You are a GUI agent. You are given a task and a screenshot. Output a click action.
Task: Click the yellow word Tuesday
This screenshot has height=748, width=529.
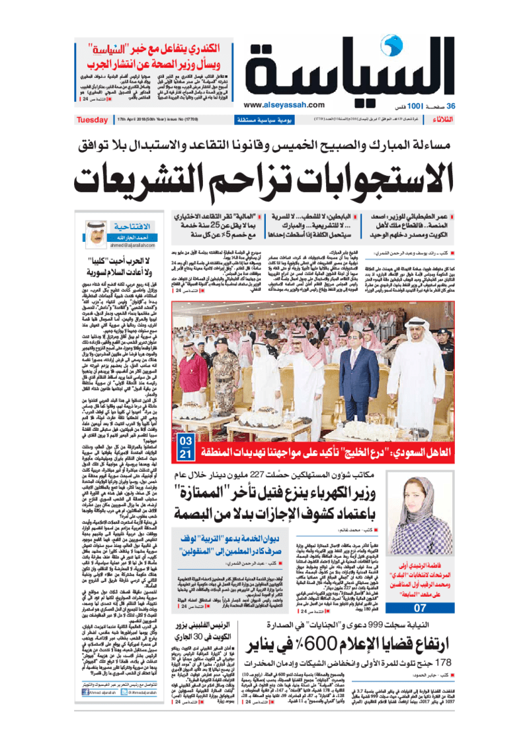[93, 120]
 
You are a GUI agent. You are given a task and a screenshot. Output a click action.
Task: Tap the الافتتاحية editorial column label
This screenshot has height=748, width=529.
[134, 225]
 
